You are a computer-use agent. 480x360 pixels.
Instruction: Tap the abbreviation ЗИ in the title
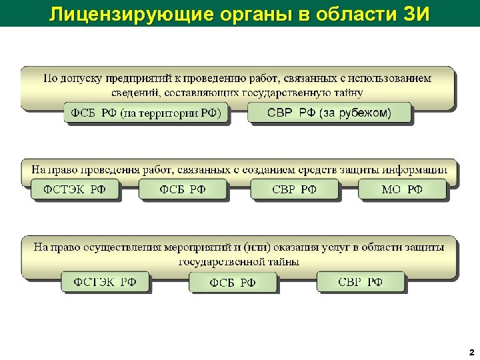click(x=415, y=13)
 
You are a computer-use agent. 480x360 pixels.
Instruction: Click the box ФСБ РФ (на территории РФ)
click(x=146, y=113)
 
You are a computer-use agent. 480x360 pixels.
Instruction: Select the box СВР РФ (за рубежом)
click(x=329, y=112)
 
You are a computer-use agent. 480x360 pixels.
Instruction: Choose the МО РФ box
click(x=402, y=189)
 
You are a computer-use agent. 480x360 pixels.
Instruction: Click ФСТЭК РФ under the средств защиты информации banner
click(x=75, y=189)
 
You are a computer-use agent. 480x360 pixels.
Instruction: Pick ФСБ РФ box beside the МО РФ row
click(x=183, y=189)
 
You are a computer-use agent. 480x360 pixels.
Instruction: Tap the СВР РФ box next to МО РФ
click(x=294, y=189)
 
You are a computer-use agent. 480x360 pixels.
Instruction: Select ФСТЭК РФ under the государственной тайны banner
click(x=105, y=281)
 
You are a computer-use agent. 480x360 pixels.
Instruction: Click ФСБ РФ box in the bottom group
click(x=233, y=283)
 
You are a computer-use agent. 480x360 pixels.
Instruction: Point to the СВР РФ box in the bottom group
click(x=360, y=281)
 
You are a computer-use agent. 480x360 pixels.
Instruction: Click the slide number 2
click(x=471, y=351)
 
